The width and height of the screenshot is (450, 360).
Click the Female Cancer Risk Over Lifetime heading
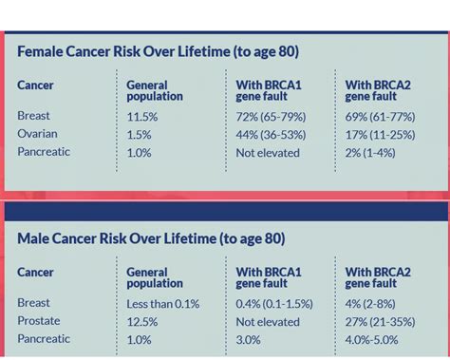158,52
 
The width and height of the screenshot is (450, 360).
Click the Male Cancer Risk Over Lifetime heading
151,239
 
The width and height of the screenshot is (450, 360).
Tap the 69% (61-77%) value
380,116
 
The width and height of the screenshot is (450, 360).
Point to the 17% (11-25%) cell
380,134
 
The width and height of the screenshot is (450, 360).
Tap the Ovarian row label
37,134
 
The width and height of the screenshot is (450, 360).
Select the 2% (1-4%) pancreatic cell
369,152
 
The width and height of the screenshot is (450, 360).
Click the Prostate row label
39,321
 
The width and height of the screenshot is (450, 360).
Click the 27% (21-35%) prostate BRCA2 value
381,321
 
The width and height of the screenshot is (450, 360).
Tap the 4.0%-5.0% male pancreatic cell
373,339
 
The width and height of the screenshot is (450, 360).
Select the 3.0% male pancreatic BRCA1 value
249,339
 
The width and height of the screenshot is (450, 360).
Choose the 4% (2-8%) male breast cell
369,303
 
